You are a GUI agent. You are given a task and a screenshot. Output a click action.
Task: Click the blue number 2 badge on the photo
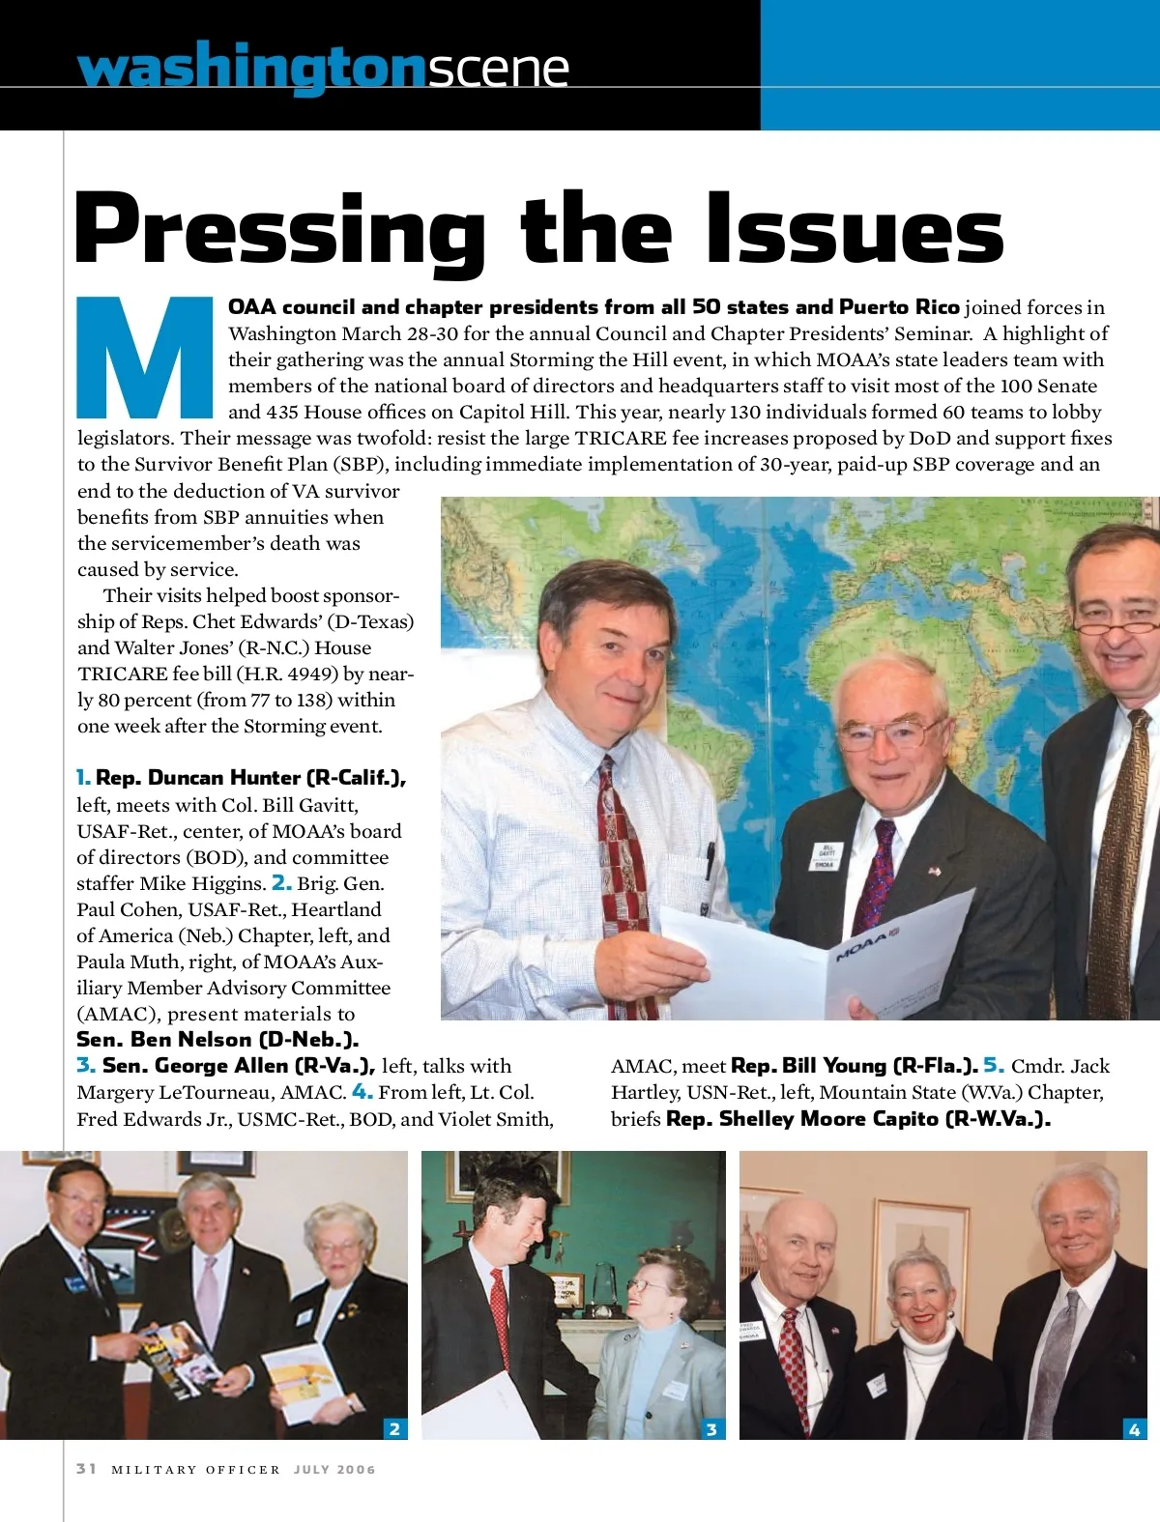click(394, 1428)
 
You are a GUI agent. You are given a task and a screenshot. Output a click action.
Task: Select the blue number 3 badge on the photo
click(711, 1428)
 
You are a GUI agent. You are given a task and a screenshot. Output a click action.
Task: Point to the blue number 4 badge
click(1135, 1428)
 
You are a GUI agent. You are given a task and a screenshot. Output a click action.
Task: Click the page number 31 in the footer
click(87, 1469)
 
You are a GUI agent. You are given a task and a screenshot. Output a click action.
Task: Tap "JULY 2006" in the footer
click(334, 1470)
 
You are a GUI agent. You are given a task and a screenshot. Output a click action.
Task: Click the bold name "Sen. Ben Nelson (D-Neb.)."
click(217, 1040)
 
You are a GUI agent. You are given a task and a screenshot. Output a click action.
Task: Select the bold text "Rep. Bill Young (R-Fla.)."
click(855, 1066)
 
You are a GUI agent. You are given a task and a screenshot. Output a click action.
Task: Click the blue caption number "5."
click(994, 1066)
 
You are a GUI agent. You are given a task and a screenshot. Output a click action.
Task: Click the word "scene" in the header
click(498, 68)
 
